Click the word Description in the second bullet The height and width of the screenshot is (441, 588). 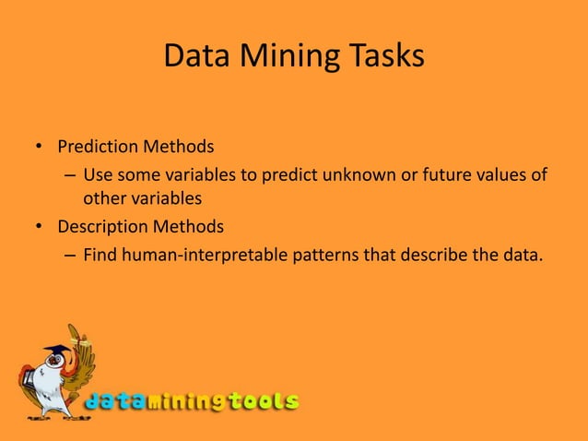(101, 226)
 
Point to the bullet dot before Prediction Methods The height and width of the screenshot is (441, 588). (40, 149)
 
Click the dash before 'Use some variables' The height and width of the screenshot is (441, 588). (70, 175)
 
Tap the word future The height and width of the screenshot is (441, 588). (432, 174)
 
